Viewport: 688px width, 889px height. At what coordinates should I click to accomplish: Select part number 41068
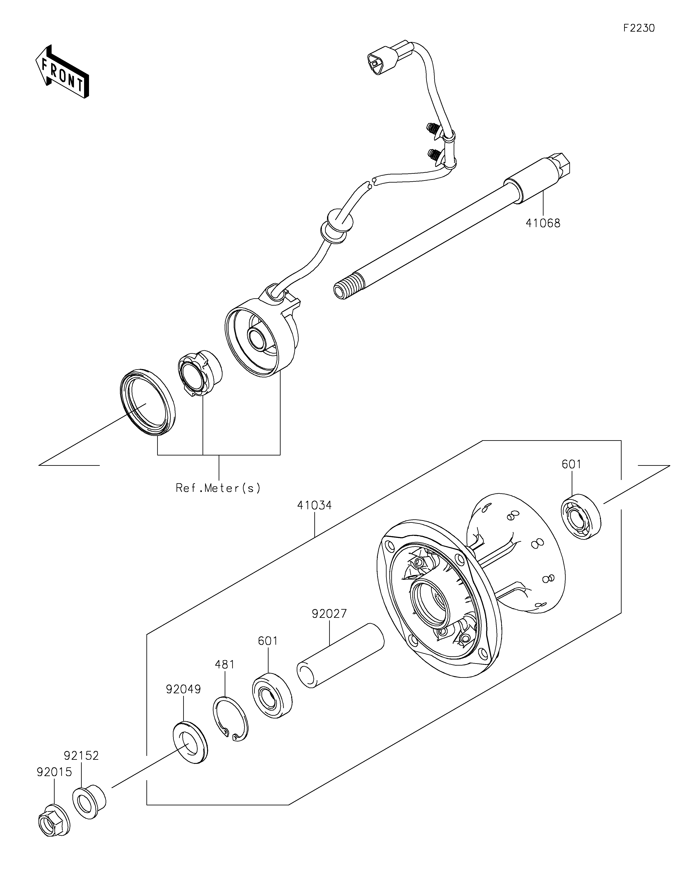click(543, 223)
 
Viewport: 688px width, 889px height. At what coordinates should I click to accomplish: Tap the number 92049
click(183, 689)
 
